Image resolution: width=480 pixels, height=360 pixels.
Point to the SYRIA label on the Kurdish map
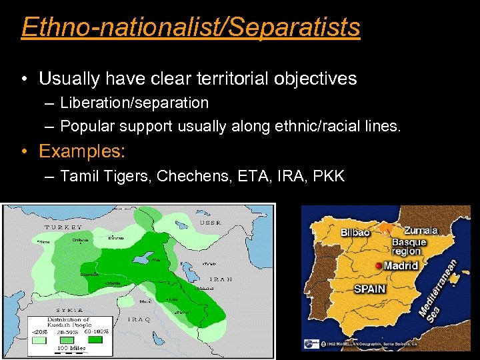click(x=69, y=310)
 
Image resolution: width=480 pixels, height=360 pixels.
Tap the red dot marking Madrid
click(x=379, y=265)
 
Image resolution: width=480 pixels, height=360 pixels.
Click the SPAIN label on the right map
click(x=369, y=289)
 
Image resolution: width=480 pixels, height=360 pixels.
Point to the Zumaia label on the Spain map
click(x=421, y=231)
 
